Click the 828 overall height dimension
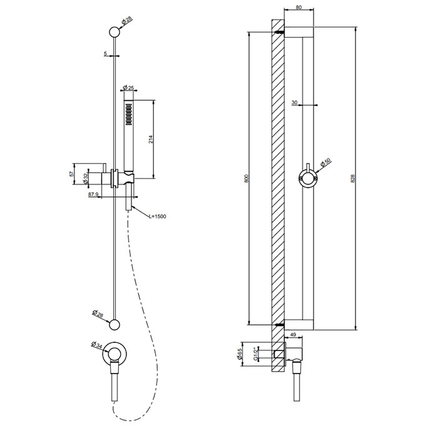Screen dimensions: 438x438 [x=352, y=178]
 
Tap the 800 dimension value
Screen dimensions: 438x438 [x=246, y=178]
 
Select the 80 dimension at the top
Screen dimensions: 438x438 [x=298, y=8]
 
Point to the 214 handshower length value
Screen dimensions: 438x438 [x=151, y=140]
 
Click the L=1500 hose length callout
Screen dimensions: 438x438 [x=158, y=216]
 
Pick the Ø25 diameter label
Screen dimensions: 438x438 [x=128, y=88]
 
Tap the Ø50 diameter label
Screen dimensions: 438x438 [x=326, y=162]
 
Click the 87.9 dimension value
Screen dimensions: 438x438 [x=93, y=195]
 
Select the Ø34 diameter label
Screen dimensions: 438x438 [x=97, y=345]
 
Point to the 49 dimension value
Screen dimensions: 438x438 [x=293, y=335]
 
